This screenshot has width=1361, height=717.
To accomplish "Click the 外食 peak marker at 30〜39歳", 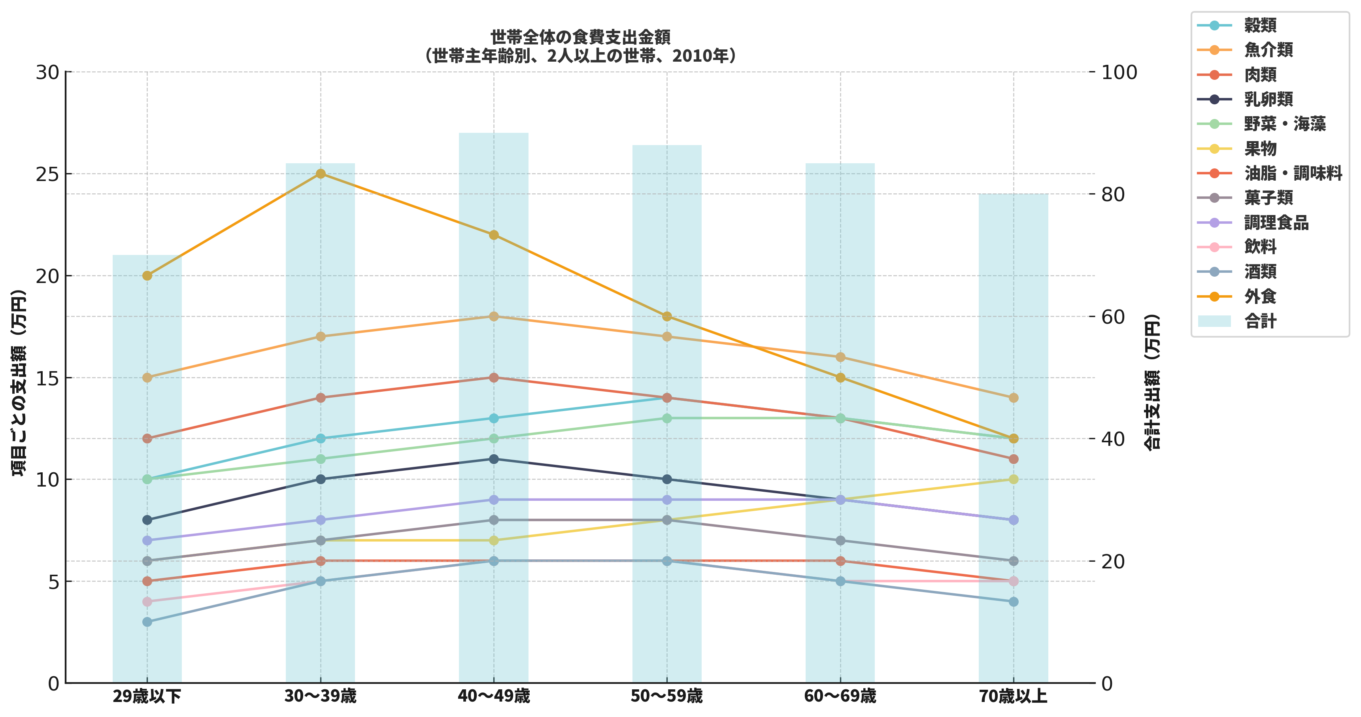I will coord(320,174).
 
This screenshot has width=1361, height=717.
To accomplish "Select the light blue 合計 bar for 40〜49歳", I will coord(493,211).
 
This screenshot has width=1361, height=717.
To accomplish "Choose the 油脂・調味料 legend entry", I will coord(1292,173).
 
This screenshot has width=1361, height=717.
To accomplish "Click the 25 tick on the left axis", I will coord(47,174).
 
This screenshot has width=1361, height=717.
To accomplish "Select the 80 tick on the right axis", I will coord(1119,194).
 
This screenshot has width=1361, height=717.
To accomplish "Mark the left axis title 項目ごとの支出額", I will coord(19,383).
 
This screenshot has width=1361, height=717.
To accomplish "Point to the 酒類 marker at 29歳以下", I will coord(147,622).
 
